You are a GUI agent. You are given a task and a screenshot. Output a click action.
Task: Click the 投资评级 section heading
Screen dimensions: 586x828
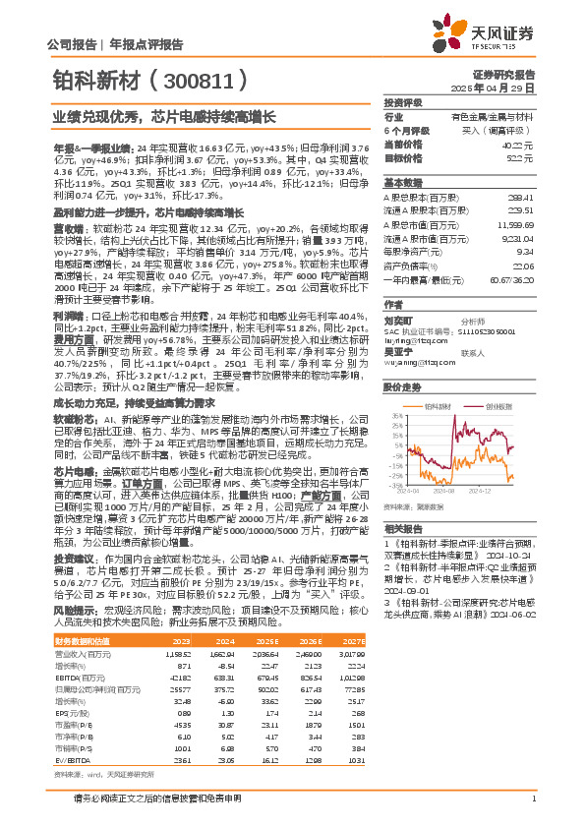coord(402,102)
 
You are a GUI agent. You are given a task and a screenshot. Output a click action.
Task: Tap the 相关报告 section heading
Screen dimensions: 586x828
coord(402,527)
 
